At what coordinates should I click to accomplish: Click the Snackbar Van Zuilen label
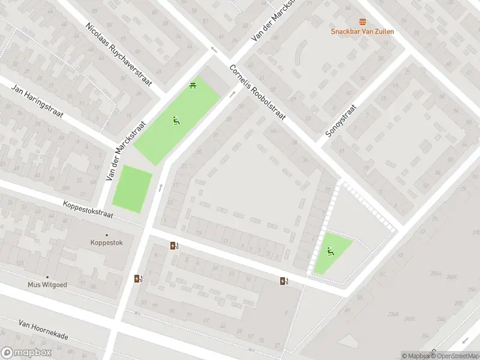pos(362,31)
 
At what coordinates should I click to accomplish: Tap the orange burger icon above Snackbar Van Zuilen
pos(362,22)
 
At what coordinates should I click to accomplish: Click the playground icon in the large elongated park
pos(176,121)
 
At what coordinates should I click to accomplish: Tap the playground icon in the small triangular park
pos(329,251)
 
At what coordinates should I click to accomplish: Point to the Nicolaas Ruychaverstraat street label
pos(119,55)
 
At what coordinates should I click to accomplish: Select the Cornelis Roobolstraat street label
pos(257,92)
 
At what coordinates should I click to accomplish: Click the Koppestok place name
pos(106,243)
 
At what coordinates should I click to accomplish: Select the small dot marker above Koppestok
pos(107,235)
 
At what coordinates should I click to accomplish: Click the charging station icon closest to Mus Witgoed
pos(138,278)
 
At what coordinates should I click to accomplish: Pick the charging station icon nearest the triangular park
pos(283,281)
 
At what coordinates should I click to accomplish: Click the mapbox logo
pos(25,353)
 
